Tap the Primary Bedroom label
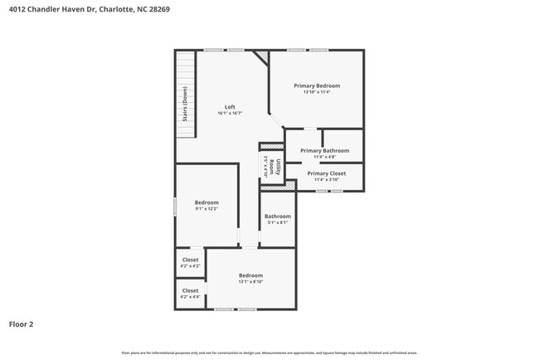pyautogui.click(x=316, y=85)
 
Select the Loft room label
pyautogui.click(x=230, y=107)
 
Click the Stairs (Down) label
pyautogui.click(x=185, y=105)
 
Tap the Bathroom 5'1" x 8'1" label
pyautogui.click(x=278, y=216)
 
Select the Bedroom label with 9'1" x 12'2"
pyautogui.click(x=206, y=202)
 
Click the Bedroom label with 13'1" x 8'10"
pyautogui.click(x=250, y=275)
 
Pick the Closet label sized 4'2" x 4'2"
pyautogui.click(x=190, y=260)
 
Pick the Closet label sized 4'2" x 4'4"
pyautogui.click(x=190, y=290)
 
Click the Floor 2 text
pyautogui.click(x=22, y=324)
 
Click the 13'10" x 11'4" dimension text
pyautogui.click(x=316, y=92)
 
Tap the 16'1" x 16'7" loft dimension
pyautogui.click(x=230, y=114)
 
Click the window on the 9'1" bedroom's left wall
pyautogui.click(x=175, y=207)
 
